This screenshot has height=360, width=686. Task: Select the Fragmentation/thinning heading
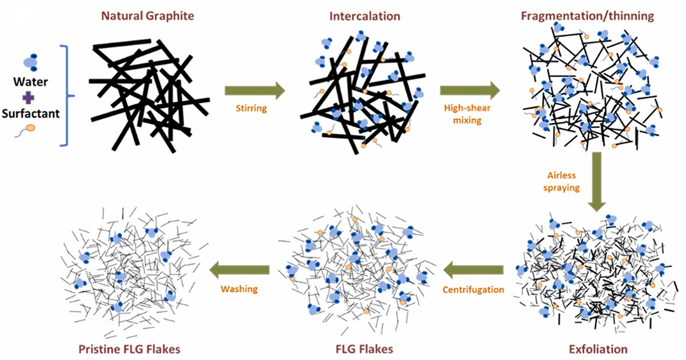tap(587, 15)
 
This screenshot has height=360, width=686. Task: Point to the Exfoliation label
tap(598, 349)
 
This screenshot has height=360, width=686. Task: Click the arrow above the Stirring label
tap(254, 90)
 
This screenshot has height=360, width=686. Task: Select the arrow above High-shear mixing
tap(469, 90)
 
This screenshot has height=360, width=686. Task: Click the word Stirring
tap(252, 108)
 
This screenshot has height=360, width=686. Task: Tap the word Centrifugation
tap(474, 290)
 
